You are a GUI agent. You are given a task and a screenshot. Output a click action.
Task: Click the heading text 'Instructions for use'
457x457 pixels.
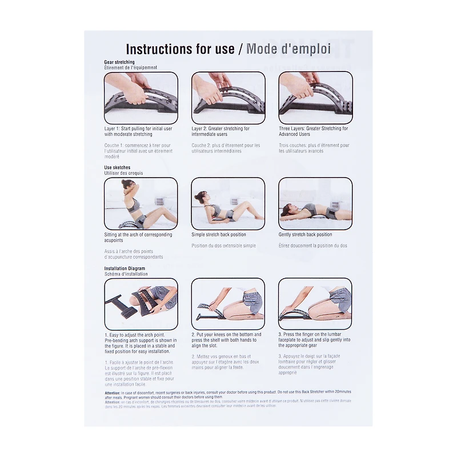179,49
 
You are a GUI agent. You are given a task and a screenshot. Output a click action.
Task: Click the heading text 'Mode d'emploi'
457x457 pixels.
288,49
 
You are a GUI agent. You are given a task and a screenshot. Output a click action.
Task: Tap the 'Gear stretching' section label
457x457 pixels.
119,62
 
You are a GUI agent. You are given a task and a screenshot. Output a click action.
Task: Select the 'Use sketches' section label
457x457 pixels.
117,168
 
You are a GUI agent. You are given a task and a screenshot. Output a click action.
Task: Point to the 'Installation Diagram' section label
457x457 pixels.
125,268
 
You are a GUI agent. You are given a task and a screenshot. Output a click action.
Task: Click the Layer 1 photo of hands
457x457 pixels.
141,98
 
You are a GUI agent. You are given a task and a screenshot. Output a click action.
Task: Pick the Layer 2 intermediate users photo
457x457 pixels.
228,98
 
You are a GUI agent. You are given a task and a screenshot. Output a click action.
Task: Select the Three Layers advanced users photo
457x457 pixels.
315,98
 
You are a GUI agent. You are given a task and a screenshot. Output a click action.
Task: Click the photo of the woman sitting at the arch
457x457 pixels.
141,203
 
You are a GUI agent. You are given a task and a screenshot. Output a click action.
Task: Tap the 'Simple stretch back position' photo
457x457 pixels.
228,203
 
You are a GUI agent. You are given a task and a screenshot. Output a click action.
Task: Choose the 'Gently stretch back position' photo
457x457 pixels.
315,203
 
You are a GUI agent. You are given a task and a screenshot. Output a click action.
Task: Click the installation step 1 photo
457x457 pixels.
141,304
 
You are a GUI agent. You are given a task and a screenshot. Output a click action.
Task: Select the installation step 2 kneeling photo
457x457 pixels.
228,304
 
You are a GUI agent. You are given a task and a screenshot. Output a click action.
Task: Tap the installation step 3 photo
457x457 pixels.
315,304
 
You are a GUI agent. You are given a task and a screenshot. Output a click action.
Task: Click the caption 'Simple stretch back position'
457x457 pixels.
219,235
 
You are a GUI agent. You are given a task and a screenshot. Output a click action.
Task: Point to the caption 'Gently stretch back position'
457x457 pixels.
305,235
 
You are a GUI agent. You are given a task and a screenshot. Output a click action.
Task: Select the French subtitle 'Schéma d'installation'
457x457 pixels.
126,274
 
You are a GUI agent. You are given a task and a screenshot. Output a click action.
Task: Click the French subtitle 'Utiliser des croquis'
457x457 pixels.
123,173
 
